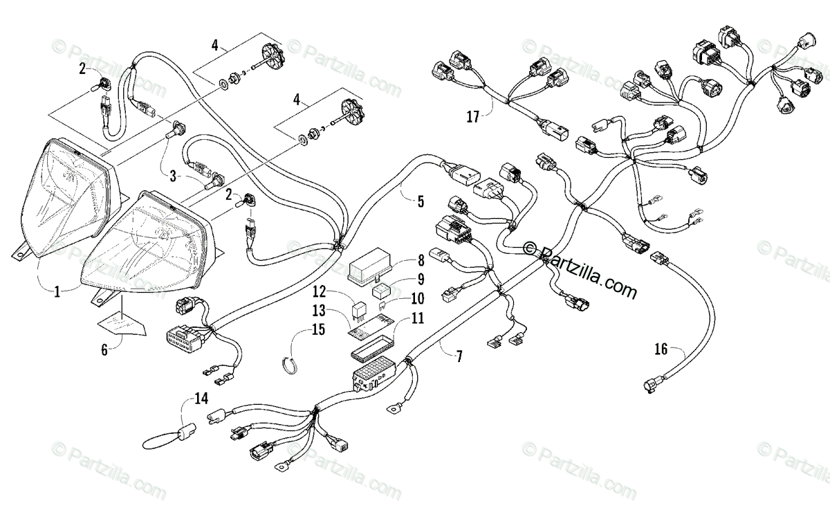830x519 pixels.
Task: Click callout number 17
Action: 472,117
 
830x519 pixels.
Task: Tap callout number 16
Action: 661,349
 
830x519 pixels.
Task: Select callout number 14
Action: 201,399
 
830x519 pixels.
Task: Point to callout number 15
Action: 318,329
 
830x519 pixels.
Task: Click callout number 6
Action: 104,349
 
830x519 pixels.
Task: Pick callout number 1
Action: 57,292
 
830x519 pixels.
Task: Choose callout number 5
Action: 421,201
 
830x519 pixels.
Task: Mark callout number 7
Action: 459,356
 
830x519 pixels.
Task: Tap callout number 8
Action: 421,261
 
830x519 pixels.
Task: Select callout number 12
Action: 319,292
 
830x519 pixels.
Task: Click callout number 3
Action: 173,176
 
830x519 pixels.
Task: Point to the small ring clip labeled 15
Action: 290,365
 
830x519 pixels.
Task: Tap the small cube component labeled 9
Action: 382,290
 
